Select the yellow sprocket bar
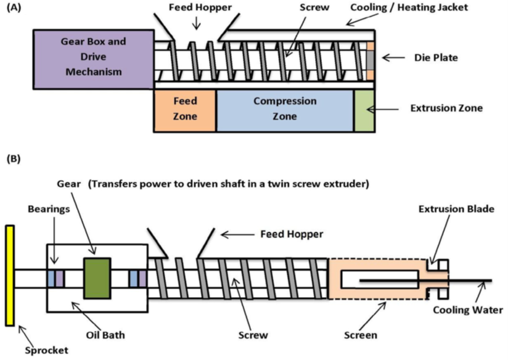(9, 276)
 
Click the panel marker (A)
(13, 10)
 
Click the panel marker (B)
(13, 160)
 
